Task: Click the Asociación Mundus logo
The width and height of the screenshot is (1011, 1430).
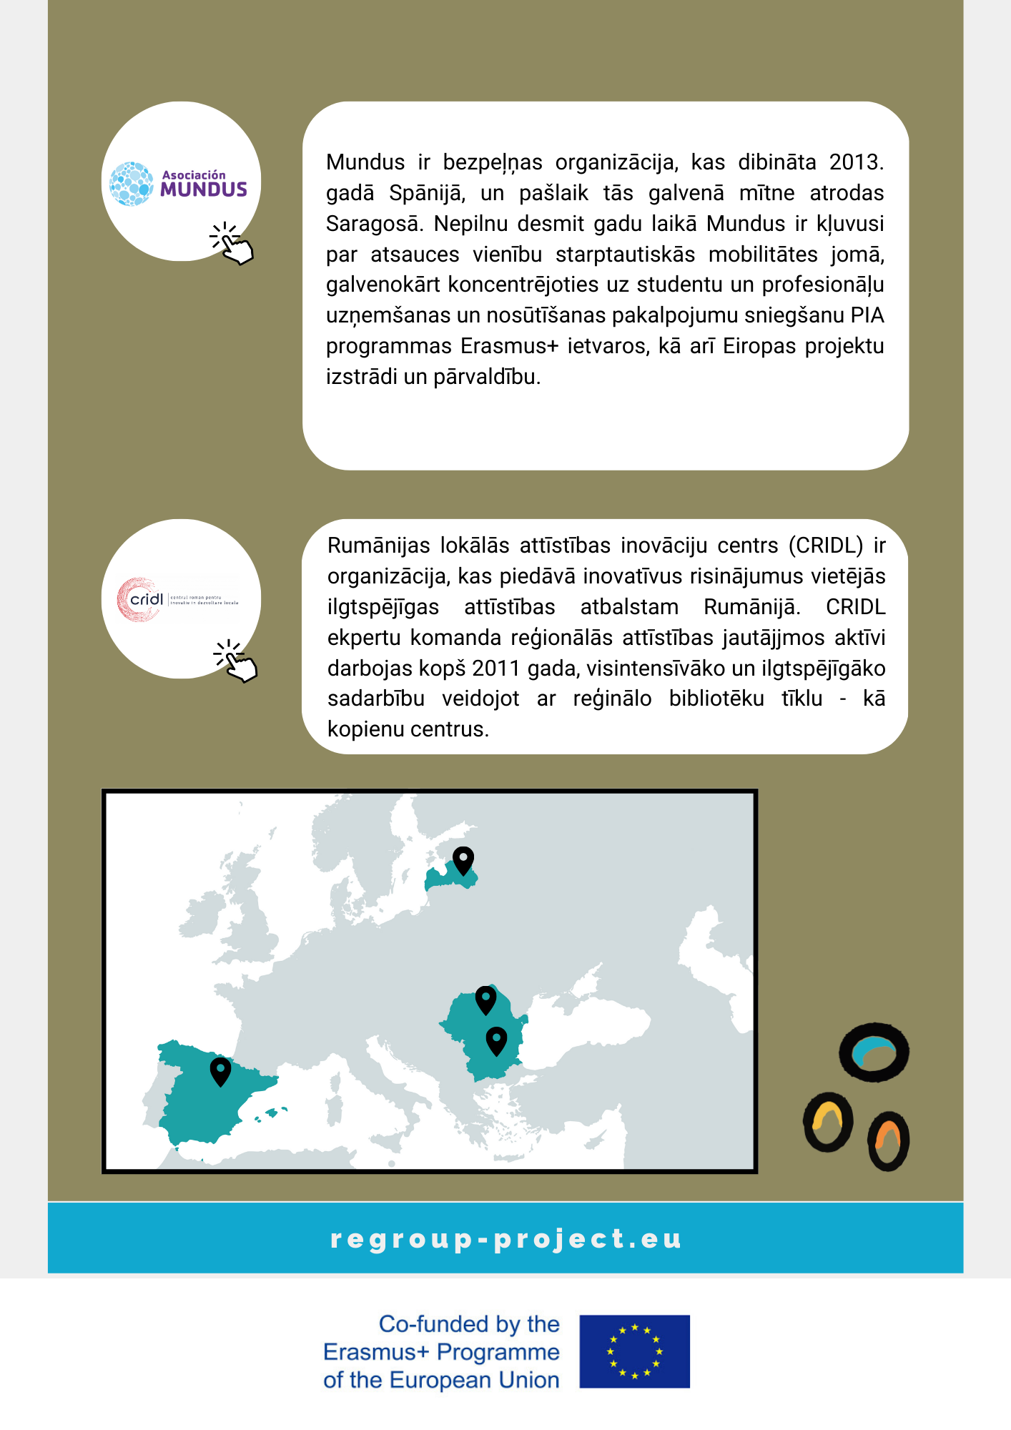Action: (179, 184)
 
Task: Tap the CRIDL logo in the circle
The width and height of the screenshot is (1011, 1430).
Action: (178, 599)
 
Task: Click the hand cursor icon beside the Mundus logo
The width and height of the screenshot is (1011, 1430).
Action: (232, 244)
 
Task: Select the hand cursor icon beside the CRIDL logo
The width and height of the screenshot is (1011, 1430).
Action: (236, 661)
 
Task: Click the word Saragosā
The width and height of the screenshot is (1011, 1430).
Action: (373, 224)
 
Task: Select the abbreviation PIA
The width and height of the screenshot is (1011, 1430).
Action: (867, 315)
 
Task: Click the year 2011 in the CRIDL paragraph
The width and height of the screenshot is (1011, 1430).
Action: (498, 669)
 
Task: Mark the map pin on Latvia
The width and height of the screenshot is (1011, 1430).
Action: (463, 859)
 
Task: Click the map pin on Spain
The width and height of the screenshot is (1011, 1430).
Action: (220, 1070)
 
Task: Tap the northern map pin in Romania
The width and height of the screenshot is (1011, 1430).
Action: (485, 999)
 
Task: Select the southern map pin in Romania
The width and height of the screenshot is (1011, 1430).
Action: (496, 1040)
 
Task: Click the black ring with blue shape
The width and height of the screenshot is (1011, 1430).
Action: (874, 1052)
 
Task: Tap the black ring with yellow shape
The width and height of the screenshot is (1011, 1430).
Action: (828, 1122)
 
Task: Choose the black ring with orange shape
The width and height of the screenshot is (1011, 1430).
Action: (888, 1140)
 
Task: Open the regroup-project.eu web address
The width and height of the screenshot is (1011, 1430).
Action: (505, 1238)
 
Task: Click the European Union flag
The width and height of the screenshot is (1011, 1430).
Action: (634, 1351)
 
